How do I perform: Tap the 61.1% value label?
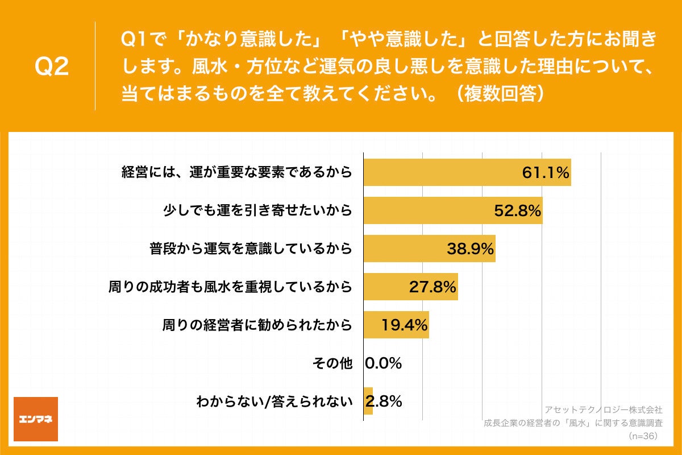[546, 173]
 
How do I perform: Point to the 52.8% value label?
[517, 211]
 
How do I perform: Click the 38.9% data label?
[470, 249]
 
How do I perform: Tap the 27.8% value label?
[433, 287]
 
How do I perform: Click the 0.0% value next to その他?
[384, 363]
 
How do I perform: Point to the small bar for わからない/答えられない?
[368, 401]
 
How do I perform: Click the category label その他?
[333, 363]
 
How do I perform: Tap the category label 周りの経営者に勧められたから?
[257, 325]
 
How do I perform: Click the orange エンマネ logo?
[36, 419]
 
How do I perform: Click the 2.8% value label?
[388, 401]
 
